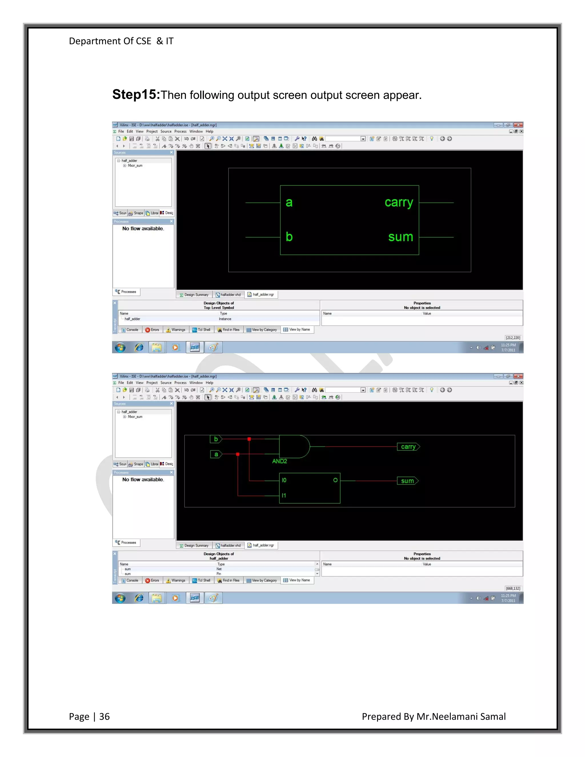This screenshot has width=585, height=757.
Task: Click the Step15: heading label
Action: (x=136, y=94)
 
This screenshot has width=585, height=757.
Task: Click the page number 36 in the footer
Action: (x=104, y=716)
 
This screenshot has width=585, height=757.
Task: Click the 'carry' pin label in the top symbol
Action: (x=398, y=203)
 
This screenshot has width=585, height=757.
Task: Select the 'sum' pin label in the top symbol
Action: (x=401, y=237)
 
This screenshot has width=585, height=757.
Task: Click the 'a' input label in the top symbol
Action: (x=289, y=203)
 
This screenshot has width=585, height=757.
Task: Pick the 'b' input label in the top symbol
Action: (x=289, y=237)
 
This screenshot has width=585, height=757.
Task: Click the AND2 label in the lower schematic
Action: (x=279, y=461)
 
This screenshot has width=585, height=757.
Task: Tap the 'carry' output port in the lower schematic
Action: (x=408, y=447)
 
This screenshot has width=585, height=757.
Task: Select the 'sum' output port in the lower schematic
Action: (x=408, y=481)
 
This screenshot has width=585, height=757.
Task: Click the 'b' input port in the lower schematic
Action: (x=216, y=439)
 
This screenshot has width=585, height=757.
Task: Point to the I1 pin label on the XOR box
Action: (x=284, y=496)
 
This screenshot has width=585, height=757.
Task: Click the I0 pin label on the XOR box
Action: (x=284, y=480)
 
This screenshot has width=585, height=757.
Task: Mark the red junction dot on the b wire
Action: (x=249, y=439)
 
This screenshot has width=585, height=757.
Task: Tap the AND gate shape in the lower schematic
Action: (x=294, y=446)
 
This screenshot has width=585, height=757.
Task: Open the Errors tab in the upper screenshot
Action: (x=152, y=330)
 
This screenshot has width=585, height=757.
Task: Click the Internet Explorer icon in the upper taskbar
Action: (x=139, y=347)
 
